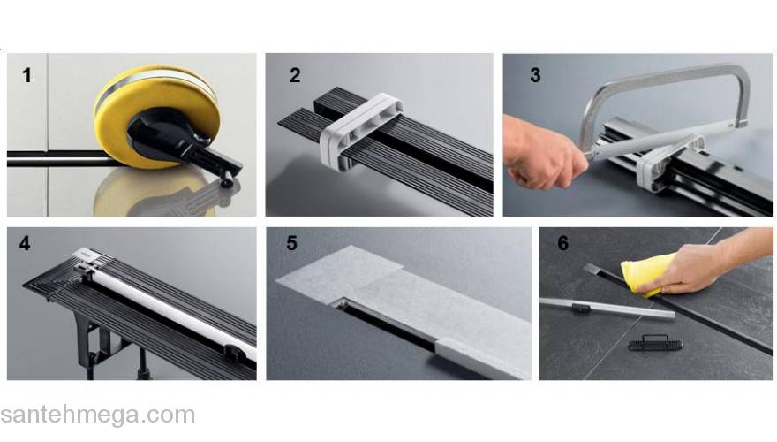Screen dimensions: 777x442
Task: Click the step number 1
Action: tap(26, 75)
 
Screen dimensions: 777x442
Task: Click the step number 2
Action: tap(295, 75)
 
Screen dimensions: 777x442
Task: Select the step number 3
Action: tap(535, 75)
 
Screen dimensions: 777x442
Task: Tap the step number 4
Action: tap(25, 243)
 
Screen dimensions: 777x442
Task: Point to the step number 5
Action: tap(292, 243)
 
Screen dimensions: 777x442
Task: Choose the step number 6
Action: tap(563, 243)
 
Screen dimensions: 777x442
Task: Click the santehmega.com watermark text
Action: tap(98, 415)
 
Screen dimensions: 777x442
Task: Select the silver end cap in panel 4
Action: tap(88, 256)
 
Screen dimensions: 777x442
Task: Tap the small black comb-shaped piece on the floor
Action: tap(655, 343)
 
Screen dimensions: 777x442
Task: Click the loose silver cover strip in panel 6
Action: tap(607, 308)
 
